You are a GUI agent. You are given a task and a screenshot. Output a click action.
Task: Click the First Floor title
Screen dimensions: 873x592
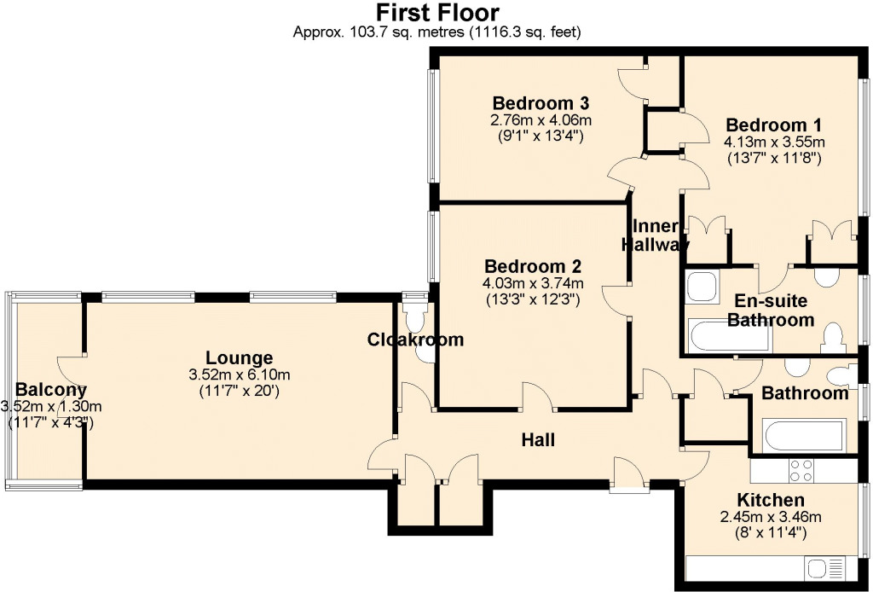437,12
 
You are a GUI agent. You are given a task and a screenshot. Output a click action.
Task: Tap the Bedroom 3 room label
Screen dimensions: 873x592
541,103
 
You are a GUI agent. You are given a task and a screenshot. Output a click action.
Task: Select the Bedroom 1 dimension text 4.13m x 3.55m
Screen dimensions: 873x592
774,142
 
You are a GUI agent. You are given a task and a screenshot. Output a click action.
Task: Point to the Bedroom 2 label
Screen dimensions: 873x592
533,265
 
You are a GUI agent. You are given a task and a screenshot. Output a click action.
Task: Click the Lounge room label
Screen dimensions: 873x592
240,357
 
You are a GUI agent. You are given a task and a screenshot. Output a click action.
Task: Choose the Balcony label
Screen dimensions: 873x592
50,390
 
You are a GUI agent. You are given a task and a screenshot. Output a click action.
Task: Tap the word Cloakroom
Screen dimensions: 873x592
415,340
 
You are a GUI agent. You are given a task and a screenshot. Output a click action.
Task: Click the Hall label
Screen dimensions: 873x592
539,440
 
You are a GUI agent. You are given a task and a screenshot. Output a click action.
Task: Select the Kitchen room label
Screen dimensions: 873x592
771,500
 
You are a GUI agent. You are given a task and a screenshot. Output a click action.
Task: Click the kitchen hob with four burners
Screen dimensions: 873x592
801,471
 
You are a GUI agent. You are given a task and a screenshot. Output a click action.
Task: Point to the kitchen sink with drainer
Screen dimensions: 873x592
824,569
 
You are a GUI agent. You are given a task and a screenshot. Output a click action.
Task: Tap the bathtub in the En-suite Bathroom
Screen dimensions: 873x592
730,334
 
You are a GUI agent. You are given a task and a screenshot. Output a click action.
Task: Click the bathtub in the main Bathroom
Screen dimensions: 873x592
805,436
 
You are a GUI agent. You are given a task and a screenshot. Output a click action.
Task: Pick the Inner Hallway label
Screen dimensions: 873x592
654,235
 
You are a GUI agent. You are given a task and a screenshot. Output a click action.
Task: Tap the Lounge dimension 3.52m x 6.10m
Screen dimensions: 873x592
240,374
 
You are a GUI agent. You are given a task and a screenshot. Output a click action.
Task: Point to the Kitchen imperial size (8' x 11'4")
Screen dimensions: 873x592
771,533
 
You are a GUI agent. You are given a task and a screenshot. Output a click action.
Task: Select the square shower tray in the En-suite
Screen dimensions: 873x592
703,287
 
